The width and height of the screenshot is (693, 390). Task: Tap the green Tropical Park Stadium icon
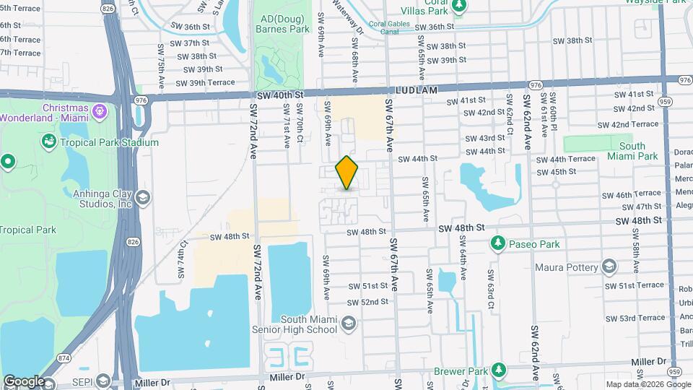[50, 142]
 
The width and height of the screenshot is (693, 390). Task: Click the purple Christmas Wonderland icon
[99, 112]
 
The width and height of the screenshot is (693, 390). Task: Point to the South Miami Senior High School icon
[349, 323]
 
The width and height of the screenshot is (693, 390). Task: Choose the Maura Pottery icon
[610, 267]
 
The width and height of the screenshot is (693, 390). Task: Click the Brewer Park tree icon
[498, 370]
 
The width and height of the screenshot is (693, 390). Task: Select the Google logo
[23, 381]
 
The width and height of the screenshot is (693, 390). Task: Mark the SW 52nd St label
[367, 302]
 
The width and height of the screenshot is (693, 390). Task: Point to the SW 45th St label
[556, 172]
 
